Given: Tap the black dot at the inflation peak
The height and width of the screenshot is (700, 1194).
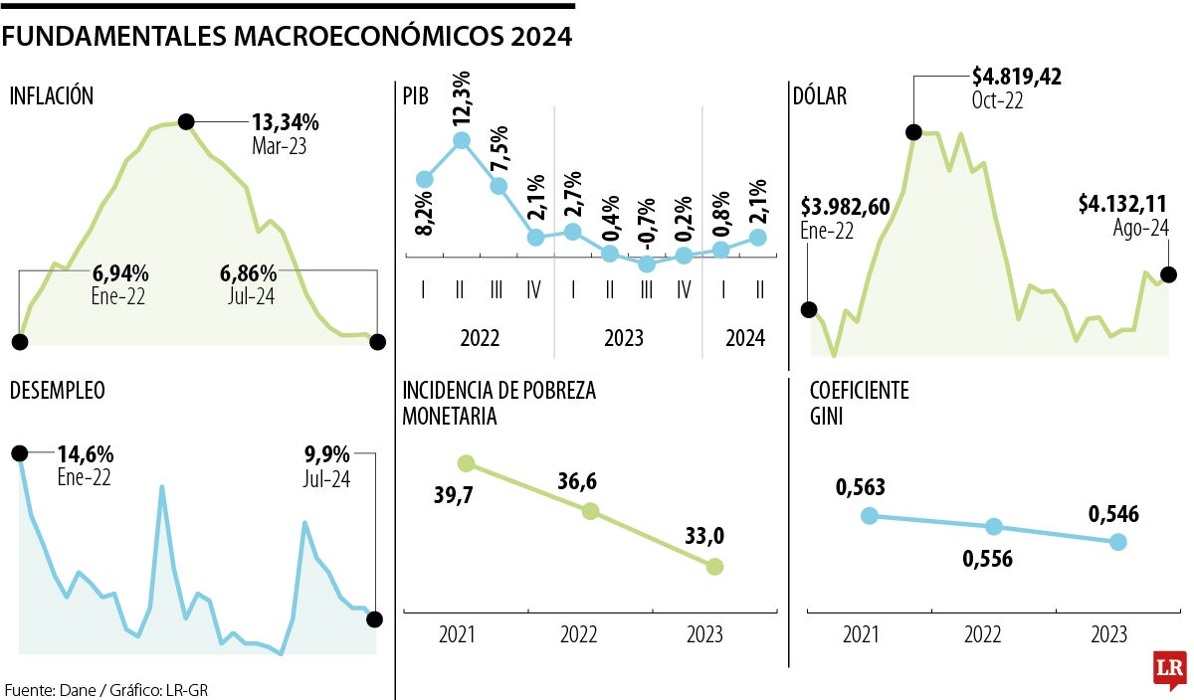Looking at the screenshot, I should point(186,122).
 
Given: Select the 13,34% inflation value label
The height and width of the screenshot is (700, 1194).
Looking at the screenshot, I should point(285,123).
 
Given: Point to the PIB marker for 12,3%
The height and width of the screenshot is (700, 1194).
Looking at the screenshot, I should point(461,141).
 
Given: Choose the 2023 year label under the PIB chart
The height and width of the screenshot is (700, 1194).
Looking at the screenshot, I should point(624,338).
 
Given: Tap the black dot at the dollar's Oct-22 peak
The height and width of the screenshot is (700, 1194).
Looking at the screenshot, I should point(913,132).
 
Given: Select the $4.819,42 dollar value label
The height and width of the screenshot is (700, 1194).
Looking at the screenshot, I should point(1016,78).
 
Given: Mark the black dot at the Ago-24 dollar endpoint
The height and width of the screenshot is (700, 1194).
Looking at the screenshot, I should point(1169,274).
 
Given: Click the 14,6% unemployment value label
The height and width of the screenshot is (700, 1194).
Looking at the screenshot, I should point(85,455).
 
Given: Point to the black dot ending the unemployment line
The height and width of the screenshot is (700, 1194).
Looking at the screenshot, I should point(374,619).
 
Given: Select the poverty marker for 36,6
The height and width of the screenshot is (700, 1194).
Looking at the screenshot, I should point(590,511).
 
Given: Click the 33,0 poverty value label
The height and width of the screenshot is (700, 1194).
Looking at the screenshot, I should point(703,537).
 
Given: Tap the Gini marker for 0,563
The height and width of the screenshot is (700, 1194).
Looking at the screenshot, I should point(870,515).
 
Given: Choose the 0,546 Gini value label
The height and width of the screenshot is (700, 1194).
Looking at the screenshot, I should point(1113,514).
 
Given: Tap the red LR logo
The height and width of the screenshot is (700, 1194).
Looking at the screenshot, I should point(1167,671).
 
